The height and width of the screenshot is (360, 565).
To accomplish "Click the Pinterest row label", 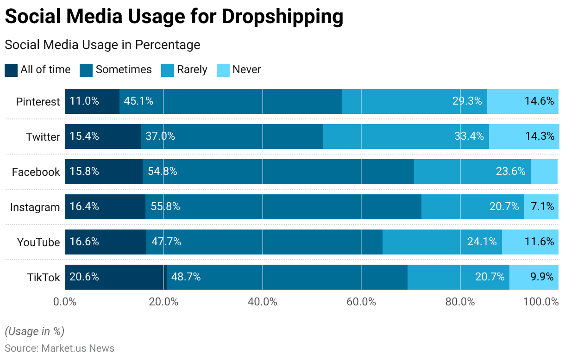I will tap(38, 102).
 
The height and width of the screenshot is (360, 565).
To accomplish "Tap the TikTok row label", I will tap(44, 278).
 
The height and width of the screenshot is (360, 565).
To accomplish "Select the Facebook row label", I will tap(36, 172).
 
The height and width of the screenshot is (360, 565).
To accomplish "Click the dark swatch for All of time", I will tap(11, 70).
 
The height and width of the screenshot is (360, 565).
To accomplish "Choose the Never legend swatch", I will tap(223, 70).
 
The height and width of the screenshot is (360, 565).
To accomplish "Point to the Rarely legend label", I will tap(192, 70).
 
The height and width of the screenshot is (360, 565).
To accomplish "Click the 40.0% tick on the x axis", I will tap(263, 302).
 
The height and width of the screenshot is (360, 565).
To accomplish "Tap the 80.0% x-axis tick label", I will tap(460, 302).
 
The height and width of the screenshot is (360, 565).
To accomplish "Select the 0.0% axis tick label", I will tap(65, 302).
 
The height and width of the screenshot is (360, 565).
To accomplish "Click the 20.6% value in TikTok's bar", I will tap(84, 277).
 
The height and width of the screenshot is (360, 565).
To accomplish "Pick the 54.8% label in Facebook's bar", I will tap(163, 172).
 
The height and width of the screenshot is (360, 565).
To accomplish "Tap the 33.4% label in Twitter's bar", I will tap(469, 137).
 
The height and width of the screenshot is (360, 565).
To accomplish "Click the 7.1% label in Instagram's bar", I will tap(542, 207).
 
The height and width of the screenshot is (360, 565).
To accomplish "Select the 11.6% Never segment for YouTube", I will tap(530, 242).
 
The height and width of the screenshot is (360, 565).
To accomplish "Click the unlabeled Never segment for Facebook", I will tap(544, 172).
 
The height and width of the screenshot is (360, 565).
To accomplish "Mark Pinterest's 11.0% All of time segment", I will tap(92, 101).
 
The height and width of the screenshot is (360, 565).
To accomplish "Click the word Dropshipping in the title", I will tap(282, 17).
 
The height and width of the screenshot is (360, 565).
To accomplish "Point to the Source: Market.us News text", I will tap(59, 348).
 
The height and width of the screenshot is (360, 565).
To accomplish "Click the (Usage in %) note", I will tap(34, 331).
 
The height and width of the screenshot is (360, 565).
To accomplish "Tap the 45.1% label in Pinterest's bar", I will tap(138, 101).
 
